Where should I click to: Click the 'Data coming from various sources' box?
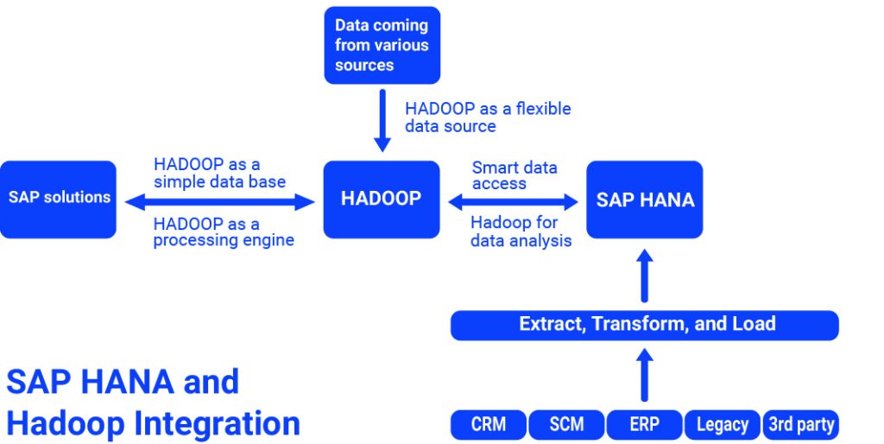click(x=382, y=45)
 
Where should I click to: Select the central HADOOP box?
click(x=382, y=200)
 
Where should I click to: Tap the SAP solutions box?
click(x=59, y=199)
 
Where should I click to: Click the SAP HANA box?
click(x=645, y=200)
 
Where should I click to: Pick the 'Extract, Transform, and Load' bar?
click(x=645, y=325)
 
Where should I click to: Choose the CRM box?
click(x=489, y=424)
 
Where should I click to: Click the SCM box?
click(x=566, y=424)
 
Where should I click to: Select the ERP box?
click(x=644, y=424)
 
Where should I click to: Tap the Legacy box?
click(x=723, y=424)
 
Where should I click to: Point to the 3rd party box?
click(x=800, y=424)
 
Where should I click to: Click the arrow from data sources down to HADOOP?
click(x=382, y=120)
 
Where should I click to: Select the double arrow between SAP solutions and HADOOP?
click(x=220, y=202)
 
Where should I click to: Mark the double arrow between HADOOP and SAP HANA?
click(x=513, y=202)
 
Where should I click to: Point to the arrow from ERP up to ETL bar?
click(x=645, y=373)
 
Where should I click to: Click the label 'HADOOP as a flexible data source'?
click(x=488, y=117)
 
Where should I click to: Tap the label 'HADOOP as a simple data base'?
click(x=219, y=173)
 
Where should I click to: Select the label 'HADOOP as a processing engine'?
click(x=224, y=232)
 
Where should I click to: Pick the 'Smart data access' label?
click(x=515, y=175)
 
